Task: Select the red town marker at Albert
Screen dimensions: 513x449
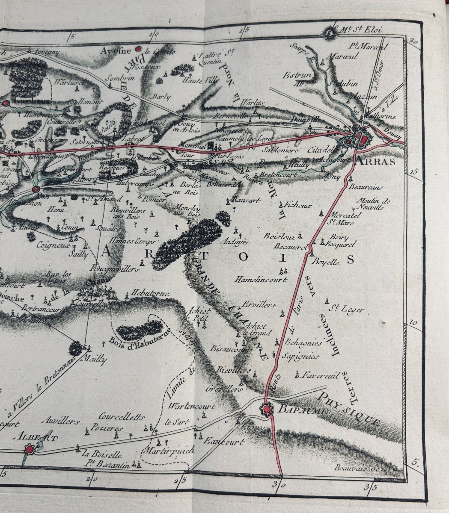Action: [30, 449]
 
